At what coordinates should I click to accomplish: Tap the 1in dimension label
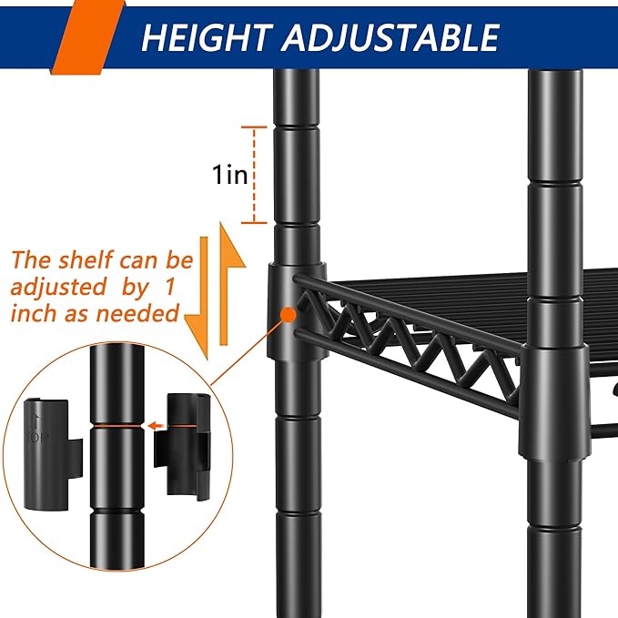tap(230, 175)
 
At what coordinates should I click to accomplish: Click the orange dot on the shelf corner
tap(289, 315)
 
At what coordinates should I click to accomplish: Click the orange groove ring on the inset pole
tap(118, 424)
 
